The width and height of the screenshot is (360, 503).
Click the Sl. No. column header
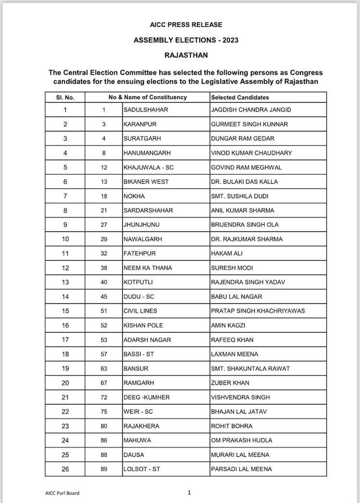(65, 97)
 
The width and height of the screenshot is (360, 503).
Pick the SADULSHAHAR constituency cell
(146, 110)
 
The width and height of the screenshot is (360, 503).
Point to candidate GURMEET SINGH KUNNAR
(249, 124)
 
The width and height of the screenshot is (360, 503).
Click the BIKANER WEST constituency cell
(146, 181)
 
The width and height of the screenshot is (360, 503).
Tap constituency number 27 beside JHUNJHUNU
(103, 225)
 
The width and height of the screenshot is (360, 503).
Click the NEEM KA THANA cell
(147, 268)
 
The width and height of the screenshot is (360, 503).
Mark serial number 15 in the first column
(65, 311)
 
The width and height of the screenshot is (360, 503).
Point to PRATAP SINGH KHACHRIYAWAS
(258, 311)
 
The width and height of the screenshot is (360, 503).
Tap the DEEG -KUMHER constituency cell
(146, 397)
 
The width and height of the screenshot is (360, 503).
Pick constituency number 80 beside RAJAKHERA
(103, 426)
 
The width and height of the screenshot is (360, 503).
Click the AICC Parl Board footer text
(59, 493)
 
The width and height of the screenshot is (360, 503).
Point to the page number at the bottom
(189, 492)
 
